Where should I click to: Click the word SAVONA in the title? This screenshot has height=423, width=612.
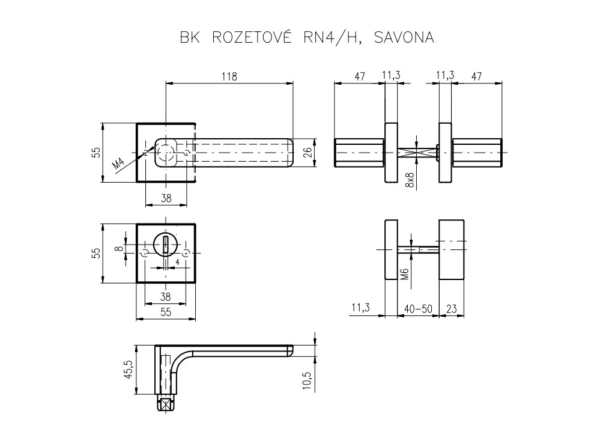(x=403, y=37)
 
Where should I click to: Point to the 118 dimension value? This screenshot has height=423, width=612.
(x=229, y=76)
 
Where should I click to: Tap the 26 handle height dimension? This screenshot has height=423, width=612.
(x=307, y=153)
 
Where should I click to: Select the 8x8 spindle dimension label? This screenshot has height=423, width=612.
(x=409, y=178)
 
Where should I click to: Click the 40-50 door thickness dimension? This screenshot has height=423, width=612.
(x=418, y=309)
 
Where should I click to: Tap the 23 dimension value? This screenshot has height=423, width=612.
(x=452, y=309)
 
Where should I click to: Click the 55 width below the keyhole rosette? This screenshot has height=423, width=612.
(x=166, y=311)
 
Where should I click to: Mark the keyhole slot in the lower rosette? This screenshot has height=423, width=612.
(x=166, y=245)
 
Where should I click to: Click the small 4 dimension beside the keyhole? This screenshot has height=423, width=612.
(x=178, y=263)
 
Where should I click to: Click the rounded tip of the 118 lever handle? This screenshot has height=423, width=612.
(x=289, y=153)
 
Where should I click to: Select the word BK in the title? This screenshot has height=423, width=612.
(x=189, y=37)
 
